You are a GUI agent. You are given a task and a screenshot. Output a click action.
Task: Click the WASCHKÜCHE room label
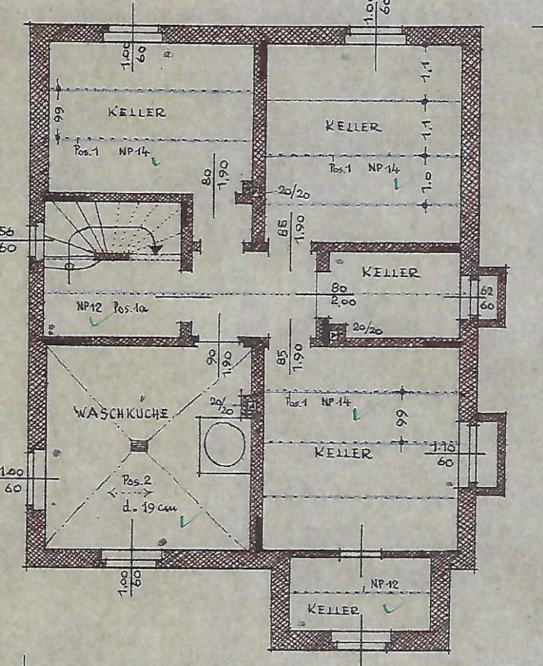coord(121,413)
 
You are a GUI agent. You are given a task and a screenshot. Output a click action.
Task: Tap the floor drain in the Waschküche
coord(139,447)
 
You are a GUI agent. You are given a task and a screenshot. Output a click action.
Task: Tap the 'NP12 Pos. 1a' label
coord(111,305)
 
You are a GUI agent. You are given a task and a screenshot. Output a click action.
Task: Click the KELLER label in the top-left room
coord(136,112)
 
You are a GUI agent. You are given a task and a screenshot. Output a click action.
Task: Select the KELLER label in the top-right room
coord(353,126)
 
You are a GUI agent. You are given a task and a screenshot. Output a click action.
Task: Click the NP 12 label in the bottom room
coord(383,584)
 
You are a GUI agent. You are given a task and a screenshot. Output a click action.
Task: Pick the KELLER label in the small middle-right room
coord(390,273)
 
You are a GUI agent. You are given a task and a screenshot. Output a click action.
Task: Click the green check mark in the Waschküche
coord(184,520)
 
